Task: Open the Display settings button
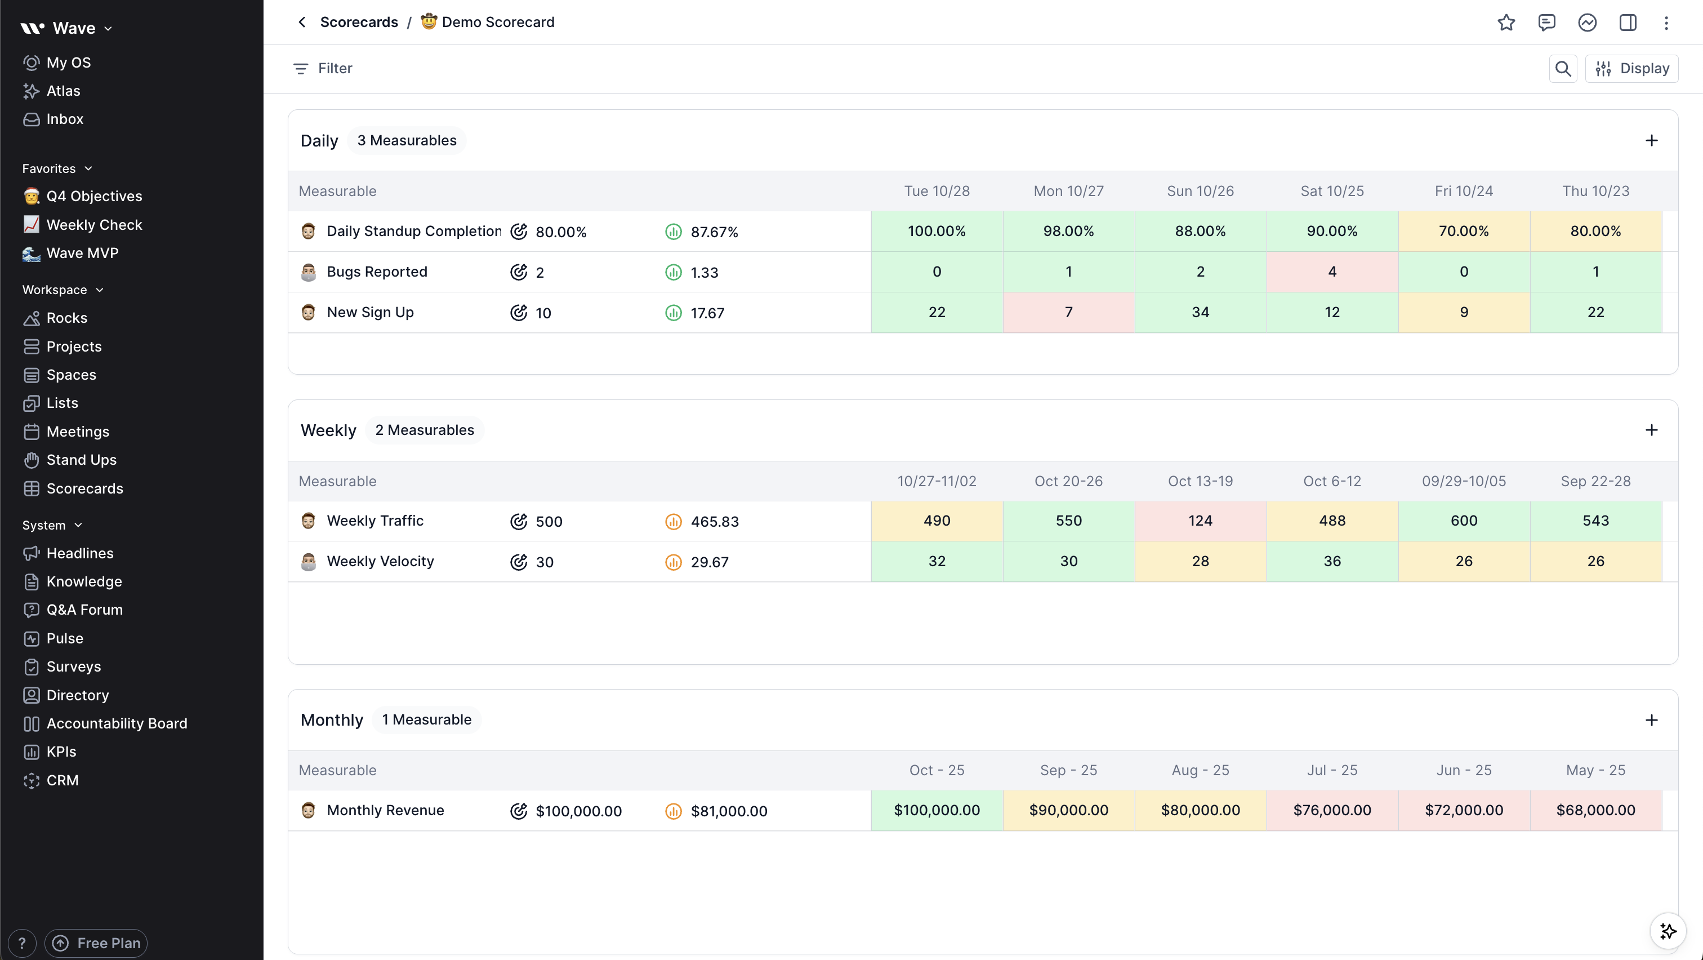pos(1631,69)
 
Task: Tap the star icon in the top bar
pos(1506,23)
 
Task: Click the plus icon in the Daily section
pos(1651,141)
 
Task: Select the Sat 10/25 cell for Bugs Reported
pos(1332,272)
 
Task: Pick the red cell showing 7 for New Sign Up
pos(1068,312)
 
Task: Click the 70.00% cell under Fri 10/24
pos(1464,232)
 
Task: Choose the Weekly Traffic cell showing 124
pos(1200,521)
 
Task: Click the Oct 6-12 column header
pos(1332,481)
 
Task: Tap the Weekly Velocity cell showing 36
pos(1332,561)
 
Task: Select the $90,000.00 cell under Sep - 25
pos(1068,811)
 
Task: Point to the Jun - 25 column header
pos(1464,770)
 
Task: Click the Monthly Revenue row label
pos(385,811)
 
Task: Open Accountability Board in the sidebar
pos(117,723)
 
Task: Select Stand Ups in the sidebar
pos(81,460)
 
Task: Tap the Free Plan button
pos(96,943)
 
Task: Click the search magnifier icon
pos(1563,69)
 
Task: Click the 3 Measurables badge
pos(407,141)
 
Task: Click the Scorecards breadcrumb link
pos(359,23)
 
